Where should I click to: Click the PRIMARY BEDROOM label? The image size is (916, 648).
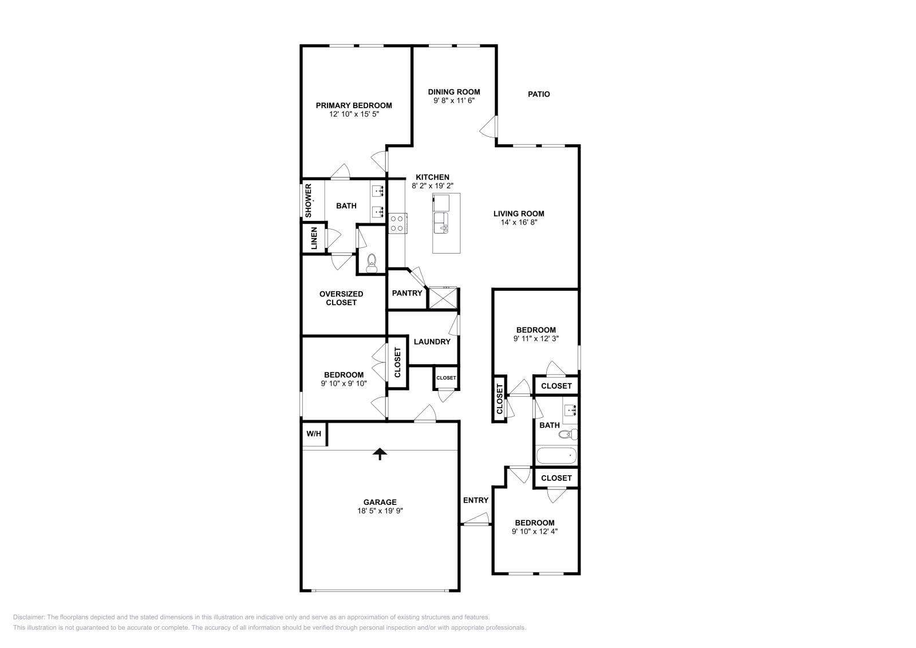point(354,105)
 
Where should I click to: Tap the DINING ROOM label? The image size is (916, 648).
point(454,92)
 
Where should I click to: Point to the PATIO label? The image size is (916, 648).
point(539,94)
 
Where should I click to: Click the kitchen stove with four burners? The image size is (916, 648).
point(397,223)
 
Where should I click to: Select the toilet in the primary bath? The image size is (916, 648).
point(372,263)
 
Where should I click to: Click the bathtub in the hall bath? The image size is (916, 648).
point(556,456)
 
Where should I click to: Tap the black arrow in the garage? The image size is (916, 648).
point(380,454)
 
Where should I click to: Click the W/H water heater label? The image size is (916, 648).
point(314,434)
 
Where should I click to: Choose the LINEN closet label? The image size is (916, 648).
point(314,238)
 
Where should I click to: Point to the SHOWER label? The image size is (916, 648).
point(309,200)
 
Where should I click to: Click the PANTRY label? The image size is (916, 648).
point(407,293)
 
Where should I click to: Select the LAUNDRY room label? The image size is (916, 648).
point(432,342)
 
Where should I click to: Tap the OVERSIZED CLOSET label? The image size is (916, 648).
point(341,298)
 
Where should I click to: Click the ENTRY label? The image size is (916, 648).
point(476,500)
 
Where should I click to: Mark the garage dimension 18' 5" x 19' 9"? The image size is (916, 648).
point(380,511)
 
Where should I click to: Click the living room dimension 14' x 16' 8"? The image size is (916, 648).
point(519,223)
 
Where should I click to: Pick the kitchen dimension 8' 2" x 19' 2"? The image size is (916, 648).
point(432,185)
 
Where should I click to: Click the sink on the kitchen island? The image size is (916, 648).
point(441,223)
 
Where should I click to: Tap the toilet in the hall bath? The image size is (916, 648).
point(568,434)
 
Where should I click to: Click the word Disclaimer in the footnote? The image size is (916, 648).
point(29,617)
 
